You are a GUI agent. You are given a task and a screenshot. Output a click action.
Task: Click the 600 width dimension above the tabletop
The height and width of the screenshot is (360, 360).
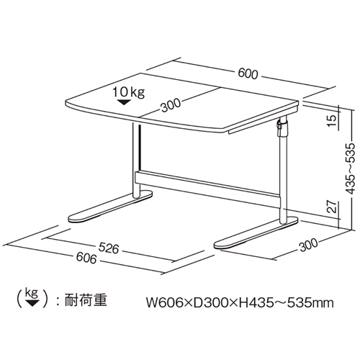[248, 74]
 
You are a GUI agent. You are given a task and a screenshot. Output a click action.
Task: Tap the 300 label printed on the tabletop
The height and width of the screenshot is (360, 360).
[171, 105]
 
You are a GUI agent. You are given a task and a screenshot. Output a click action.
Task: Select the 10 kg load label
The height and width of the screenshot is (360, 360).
[129, 92]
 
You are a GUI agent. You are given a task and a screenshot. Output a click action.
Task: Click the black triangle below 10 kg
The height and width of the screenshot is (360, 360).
[124, 102]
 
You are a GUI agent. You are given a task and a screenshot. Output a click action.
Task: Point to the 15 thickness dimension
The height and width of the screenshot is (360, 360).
[333, 121]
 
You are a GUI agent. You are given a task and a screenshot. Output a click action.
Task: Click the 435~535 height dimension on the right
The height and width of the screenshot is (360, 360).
[350, 168]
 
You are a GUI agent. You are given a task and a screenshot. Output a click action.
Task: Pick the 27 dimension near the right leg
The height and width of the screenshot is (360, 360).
[332, 207]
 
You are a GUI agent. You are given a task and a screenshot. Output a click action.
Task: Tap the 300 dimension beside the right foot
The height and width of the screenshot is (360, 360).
[309, 246]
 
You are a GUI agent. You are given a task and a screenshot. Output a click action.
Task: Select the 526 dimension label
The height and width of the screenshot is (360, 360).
[109, 248]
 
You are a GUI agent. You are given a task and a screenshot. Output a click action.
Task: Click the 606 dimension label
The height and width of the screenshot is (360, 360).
[86, 258]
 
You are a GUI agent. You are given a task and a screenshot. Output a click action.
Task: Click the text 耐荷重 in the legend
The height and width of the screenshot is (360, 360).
[86, 300]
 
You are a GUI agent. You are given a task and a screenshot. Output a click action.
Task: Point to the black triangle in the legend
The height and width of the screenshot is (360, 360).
[32, 302]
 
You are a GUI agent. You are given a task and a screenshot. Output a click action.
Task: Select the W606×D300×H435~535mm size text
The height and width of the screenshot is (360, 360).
[240, 303]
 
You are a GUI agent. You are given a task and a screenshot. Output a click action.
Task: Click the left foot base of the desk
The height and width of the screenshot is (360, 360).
[110, 207]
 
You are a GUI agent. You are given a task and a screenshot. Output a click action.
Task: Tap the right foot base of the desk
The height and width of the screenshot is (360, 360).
[256, 233]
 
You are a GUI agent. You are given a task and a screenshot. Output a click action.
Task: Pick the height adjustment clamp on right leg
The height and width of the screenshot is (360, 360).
[282, 127]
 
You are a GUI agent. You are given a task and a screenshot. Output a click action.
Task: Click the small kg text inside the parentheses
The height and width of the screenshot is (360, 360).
[32, 294]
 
